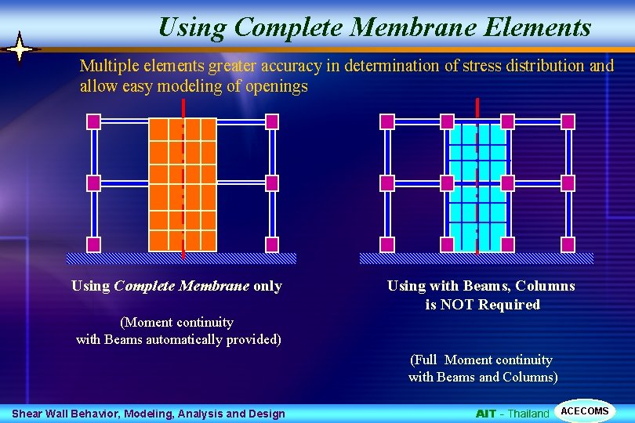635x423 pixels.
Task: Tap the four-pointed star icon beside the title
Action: (x=19, y=49)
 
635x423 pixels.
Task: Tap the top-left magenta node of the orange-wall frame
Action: (x=93, y=121)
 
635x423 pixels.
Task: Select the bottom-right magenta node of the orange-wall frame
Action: (x=272, y=244)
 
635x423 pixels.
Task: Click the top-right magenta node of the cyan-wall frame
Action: (x=568, y=121)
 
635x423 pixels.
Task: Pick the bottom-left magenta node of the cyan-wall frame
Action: (x=386, y=244)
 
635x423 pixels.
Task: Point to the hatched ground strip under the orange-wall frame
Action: (x=181, y=258)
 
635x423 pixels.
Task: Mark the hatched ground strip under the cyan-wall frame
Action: (x=476, y=258)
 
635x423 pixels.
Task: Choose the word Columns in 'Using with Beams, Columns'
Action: (x=547, y=286)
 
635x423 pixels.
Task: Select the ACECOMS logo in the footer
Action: (x=585, y=411)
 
